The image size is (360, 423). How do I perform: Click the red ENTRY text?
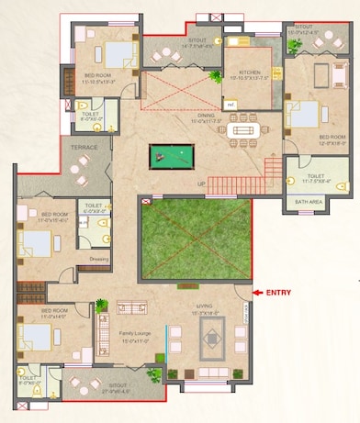click(278, 293)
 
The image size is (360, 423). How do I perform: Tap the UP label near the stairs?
click(201, 183)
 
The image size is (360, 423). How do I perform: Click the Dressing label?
click(98, 259)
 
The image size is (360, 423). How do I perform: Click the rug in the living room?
click(212, 340)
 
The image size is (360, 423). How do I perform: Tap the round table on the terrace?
click(84, 165)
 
